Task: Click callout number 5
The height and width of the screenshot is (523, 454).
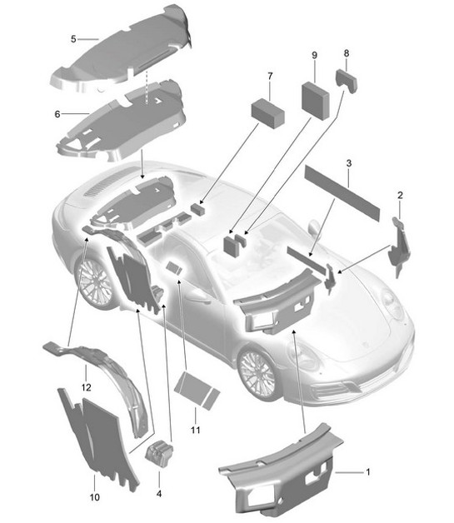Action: [x=72, y=38]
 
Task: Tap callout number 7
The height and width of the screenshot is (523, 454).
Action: [x=270, y=77]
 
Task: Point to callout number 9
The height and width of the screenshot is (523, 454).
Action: [x=314, y=55]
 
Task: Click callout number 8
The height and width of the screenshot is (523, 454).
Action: [x=347, y=53]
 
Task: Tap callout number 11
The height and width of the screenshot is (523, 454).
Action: [x=197, y=430]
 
